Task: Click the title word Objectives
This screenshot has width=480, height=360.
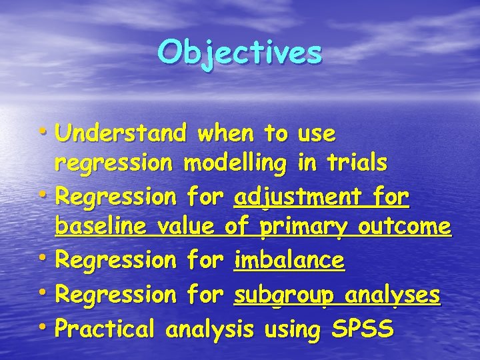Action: [x=240, y=52]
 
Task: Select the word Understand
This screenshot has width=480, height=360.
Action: [x=121, y=134]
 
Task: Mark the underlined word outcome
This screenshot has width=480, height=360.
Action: [x=405, y=227]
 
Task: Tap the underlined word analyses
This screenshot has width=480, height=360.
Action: [x=399, y=295]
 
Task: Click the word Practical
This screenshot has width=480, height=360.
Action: [x=106, y=328]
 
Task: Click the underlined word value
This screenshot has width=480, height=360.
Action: [x=185, y=227]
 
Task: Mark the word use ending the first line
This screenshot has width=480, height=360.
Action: [x=317, y=134]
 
